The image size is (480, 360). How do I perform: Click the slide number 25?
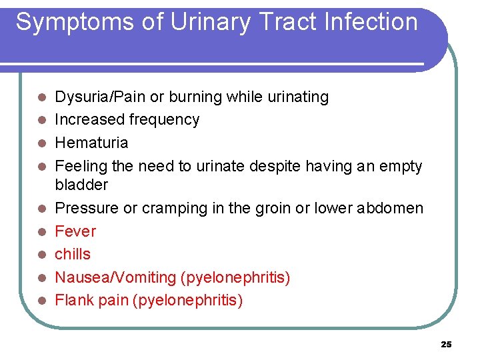[446, 344]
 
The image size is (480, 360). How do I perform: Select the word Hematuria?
[91, 143]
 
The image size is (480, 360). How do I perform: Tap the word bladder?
[81, 185]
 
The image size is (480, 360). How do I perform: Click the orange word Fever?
[75, 231]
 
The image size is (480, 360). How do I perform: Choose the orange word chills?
[73, 254]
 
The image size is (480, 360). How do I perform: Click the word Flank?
[74, 300]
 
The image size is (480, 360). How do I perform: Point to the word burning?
[195, 97]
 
